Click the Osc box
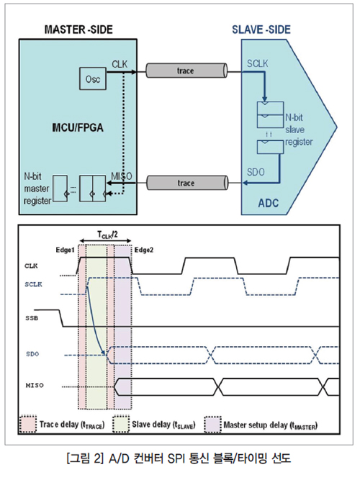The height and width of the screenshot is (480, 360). tap(93, 78)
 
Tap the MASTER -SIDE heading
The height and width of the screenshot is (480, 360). tap(78, 30)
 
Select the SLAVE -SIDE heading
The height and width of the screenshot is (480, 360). tap(261, 30)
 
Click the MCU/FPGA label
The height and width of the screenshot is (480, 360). tap(78, 127)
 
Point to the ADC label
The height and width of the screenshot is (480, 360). tap(269, 203)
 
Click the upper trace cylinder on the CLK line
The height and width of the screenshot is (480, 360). tap(186, 71)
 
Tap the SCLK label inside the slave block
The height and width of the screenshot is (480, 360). tap(257, 63)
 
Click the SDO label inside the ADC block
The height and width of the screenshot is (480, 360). tap(256, 172)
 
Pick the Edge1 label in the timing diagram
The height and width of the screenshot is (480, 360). tap(65, 250)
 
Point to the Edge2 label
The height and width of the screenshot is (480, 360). tap(144, 250)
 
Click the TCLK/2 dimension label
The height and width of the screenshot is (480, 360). tap(107, 235)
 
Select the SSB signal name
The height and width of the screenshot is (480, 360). tap(32, 318)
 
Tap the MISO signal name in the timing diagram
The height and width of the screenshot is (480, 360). tap(35, 386)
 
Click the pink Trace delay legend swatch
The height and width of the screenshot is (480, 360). tap(28, 425)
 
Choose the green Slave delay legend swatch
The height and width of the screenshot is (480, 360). tap(121, 425)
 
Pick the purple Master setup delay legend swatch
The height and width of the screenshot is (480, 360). tap(213, 425)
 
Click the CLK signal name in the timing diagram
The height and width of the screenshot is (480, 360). tap(31, 266)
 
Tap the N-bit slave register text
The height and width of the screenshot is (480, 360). tap(299, 130)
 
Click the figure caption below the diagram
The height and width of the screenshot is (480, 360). tap(179, 458)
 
